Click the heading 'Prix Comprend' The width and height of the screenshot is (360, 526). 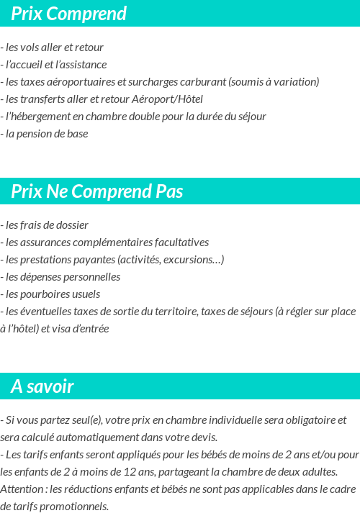click(68, 14)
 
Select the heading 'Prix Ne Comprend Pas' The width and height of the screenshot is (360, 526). click(96, 191)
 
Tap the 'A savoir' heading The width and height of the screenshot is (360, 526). click(42, 386)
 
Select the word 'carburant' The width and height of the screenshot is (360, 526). click(199, 82)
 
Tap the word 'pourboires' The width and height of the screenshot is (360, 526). click(43, 294)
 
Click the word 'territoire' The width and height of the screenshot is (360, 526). click(175, 312)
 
